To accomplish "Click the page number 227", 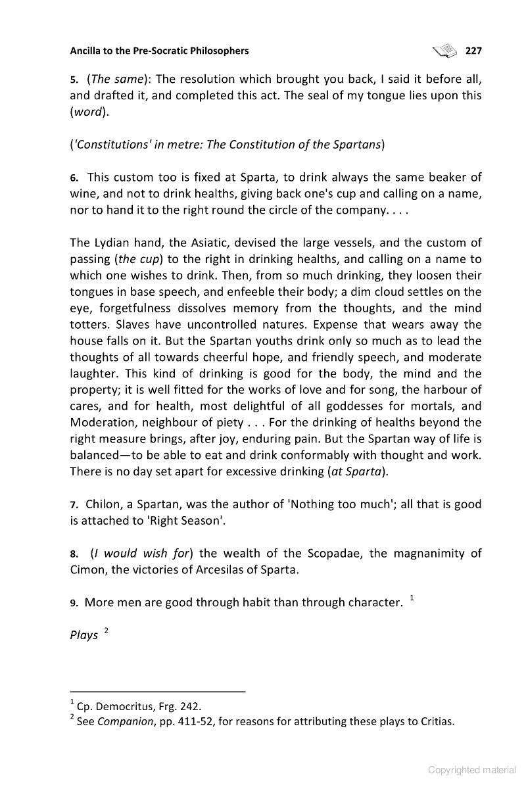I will pos(473,51).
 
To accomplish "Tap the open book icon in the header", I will pos(444,50).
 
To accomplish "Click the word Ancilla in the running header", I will pos(87,51).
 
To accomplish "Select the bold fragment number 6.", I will pos(74,178).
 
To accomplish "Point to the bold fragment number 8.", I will pos(74,554).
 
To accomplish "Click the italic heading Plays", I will pos(84,635).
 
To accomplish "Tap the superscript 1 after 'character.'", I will pos(412,598).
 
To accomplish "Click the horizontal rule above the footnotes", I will pos(157,692).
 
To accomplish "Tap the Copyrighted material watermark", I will pos(472,770).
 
